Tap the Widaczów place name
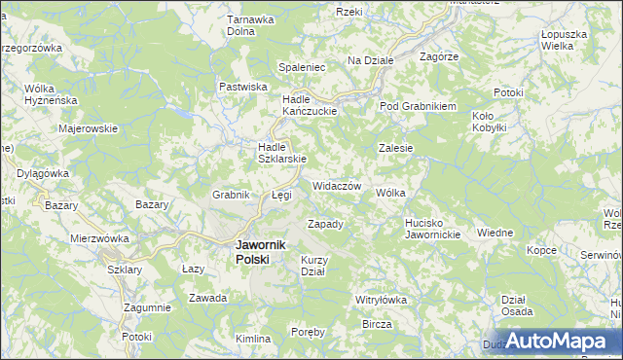pyautogui.click(x=338, y=186)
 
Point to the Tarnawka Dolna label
pyautogui.click(x=247, y=24)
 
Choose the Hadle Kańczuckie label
pyautogui.click(x=309, y=105)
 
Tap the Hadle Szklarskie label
pyautogui.click(x=282, y=153)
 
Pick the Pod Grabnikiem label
pyautogui.click(x=418, y=106)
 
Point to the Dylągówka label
pyautogui.click(x=44, y=173)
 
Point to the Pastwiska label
pyautogui.click(x=243, y=87)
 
